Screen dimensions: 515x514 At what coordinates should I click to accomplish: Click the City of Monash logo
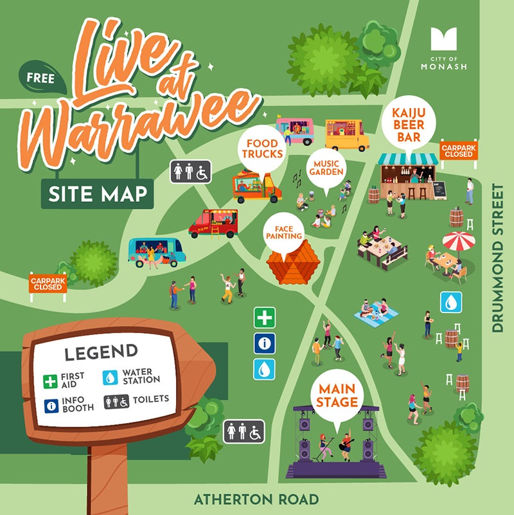pyautogui.click(x=444, y=48)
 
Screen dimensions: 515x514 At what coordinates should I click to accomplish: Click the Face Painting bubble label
pyautogui.click(x=283, y=231)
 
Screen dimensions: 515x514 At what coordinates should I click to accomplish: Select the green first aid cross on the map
pyautogui.click(x=264, y=318)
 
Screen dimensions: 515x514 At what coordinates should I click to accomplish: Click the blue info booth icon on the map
pyautogui.click(x=264, y=344)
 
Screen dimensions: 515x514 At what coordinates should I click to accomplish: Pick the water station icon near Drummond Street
pyautogui.click(x=450, y=302)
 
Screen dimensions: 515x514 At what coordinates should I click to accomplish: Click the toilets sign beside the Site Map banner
pyautogui.click(x=191, y=172)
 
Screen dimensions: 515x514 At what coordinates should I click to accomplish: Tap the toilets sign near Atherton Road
pyautogui.click(x=244, y=431)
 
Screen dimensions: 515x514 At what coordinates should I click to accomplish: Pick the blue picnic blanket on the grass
pyautogui.click(x=377, y=313)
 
